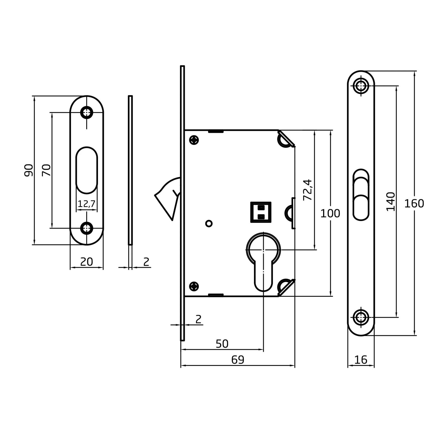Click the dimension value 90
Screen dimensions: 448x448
pyautogui.click(x=29, y=170)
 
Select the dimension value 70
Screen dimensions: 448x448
pyautogui.click(x=46, y=170)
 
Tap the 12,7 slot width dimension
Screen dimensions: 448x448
pyautogui.click(x=87, y=204)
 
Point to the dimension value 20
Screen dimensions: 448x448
pyautogui.click(x=87, y=262)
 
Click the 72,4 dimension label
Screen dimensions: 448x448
pyautogui.click(x=308, y=190)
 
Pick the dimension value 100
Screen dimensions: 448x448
pyautogui.click(x=330, y=213)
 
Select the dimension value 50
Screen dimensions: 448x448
pyautogui.click(x=222, y=344)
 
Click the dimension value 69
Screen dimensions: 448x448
pyautogui.click(x=238, y=360)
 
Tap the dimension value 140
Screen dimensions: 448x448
pyautogui.click(x=391, y=202)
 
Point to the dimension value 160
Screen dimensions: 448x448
pyautogui.click(x=414, y=204)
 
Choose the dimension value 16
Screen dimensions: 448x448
pyautogui.click(x=361, y=360)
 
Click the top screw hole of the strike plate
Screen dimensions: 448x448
pyautogui.click(x=87, y=112)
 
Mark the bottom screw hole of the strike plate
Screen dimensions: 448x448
pyautogui.click(x=87, y=228)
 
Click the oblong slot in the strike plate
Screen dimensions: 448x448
pyautogui.click(x=87, y=170)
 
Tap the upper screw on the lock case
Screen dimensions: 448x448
pyautogui.click(x=194, y=140)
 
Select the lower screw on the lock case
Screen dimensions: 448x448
pyautogui.click(x=194, y=286)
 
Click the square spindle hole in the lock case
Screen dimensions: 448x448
pyautogui.click(x=261, y=212)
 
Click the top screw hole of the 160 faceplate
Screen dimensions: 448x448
pyautogui.click(x=361, y=85)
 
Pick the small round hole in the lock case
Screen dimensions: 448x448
pyautogui.click(x=209, y=223)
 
